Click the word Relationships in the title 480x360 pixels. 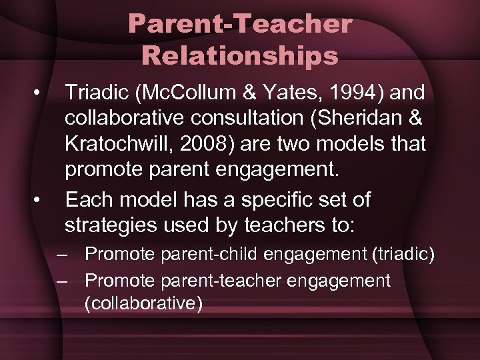pyautogui.click(x=240, y=55)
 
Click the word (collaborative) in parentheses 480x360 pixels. pyautogui.click(x=143, y=303)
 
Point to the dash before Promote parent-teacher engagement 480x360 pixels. pyautogui.click(x=63, y=281)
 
